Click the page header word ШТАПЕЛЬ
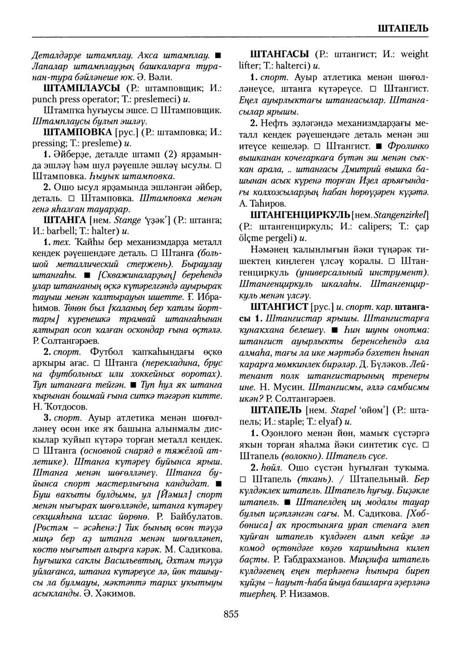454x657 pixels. (403, 28)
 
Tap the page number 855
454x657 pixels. (231, 614)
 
